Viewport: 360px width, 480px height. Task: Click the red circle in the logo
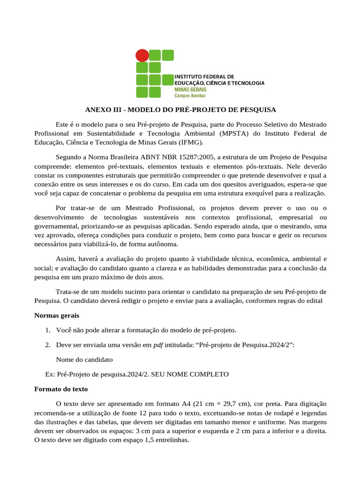[x=142, y=56]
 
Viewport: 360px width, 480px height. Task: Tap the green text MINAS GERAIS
[x=189, y=89]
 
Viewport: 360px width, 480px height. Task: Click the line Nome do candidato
[x=84, y=360]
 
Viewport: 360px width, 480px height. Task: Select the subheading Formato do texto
[x=61, y=389]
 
